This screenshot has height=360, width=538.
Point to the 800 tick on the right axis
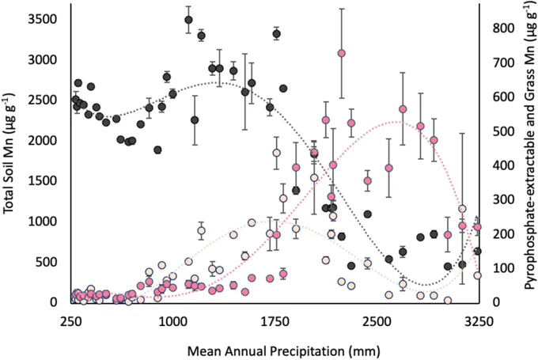tap(503, 28)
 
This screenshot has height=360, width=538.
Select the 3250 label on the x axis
tap(479, 322)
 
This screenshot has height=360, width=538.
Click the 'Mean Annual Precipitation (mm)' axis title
tap(284, 351)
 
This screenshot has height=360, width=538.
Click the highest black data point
tap(188, 20)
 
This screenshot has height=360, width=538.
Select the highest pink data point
tap(342, 53)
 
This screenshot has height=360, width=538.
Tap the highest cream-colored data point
tap(276, 153)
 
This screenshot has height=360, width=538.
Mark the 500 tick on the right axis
tap(503, 131)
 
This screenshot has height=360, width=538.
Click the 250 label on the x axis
tap(71, 322)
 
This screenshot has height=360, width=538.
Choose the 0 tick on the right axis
tap(497, 302)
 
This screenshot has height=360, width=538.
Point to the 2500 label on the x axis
tap(376, 322)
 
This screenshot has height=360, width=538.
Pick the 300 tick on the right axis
tap(503, 199)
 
